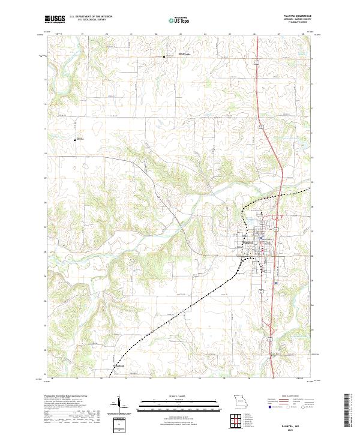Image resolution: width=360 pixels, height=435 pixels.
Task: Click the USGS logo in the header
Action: pyautogui.click(x=55, y=19)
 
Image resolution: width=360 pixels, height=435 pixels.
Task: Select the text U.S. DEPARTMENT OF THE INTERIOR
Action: pyautogui.click(x=91, y=16)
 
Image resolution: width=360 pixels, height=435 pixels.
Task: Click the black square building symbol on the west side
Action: pyautogui.click(x=76, y=139)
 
